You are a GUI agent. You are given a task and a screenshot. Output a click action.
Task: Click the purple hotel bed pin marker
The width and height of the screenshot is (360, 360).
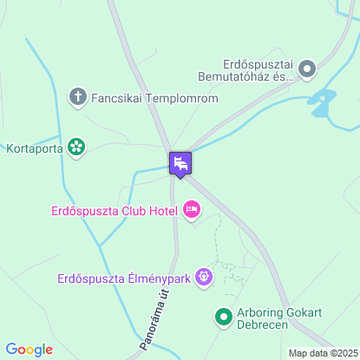[x=180, y=163]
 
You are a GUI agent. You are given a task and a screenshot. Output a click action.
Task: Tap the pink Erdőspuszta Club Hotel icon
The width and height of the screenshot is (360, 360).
[x=192, y=209]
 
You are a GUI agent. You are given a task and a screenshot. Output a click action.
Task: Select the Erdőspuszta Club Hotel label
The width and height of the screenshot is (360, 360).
[x=114, y=209]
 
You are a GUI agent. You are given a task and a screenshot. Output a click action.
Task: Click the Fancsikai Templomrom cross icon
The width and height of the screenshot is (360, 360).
[x=77, y=98]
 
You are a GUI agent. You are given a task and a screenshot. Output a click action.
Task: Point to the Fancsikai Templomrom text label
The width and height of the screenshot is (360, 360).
[x=154, y=98]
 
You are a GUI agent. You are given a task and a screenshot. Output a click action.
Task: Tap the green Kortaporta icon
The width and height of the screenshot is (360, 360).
[x=76, y=147]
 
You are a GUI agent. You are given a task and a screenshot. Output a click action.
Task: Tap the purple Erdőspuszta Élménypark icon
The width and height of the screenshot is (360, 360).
[x=204, y=278]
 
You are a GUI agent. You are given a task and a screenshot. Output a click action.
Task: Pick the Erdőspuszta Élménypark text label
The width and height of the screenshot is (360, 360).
[x=124, y=278]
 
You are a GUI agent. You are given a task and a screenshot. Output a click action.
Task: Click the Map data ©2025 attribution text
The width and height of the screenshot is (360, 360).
[x=322, y=353]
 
